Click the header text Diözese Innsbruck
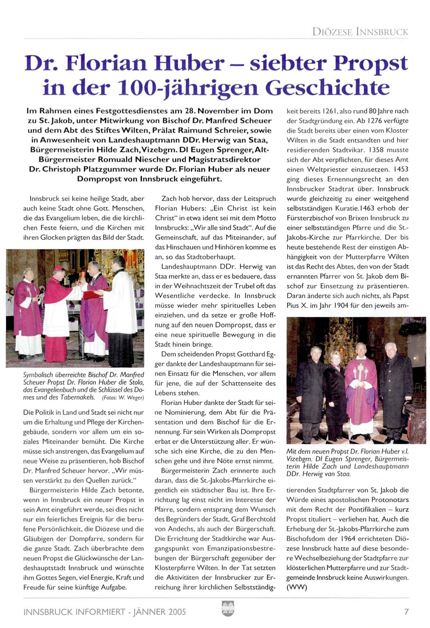pyautogui.click(x=360, y=32)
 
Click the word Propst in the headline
pyautogui.click(x=370, y=64)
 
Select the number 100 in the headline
pyautogui.click(x=139, y=87)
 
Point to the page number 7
pyautogui.click(x=406, y=611)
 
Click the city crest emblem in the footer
pyautogui.click(x=228, y=609)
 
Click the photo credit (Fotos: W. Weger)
pyautogui.click(x=123, y=398)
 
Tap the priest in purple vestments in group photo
pyautogui.click(x=361, y=388)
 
